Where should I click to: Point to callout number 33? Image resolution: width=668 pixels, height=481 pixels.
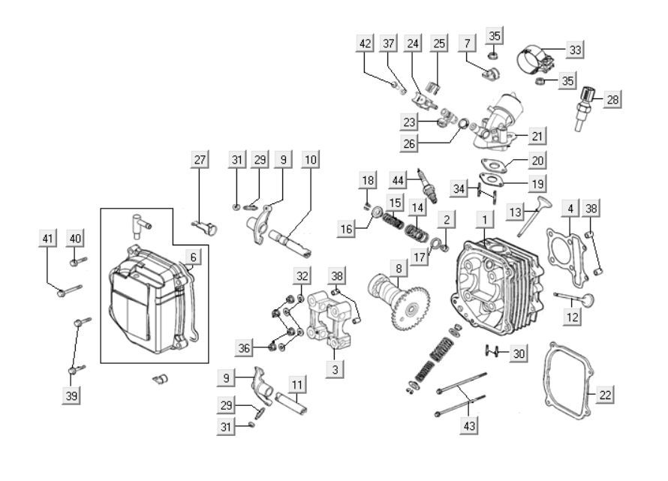(x=575, y=50)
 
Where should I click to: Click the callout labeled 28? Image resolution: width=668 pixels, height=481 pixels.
(x=612, y=100)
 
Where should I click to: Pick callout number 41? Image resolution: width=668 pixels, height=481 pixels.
(x=48, y=239)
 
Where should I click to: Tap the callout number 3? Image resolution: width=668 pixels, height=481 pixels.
(x=336, y=369)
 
